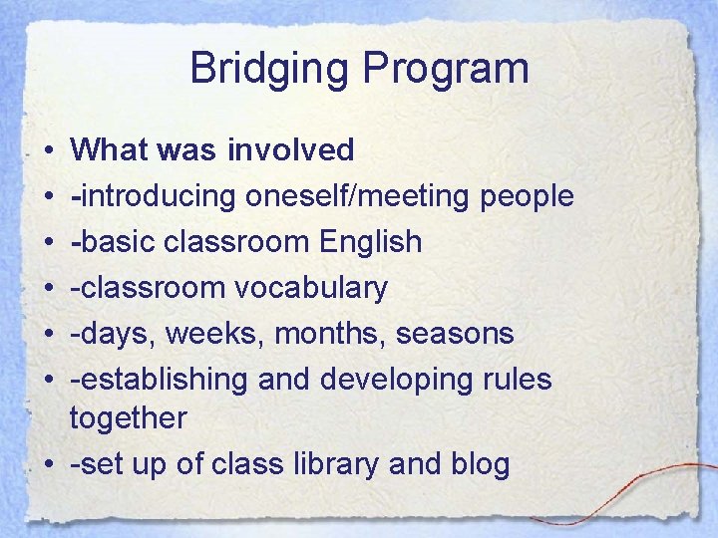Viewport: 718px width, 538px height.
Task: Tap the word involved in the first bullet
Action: coord(291,149)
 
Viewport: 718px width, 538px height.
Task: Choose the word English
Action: coord(374,242)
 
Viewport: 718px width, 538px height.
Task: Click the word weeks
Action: coord(206,333)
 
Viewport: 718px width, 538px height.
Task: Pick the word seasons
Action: coord(455,333)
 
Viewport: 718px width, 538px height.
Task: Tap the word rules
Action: coord(516,379)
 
